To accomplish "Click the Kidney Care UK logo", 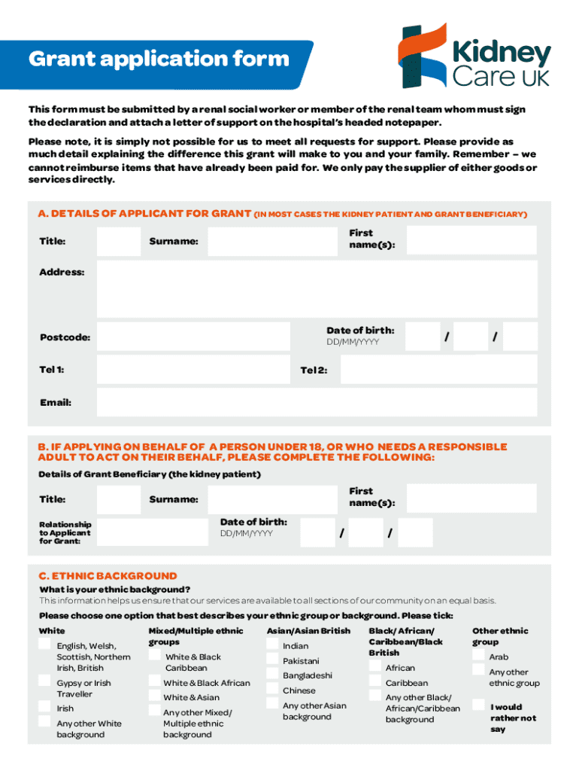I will [x=474, y=56].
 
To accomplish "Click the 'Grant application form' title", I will [x=158, y=59].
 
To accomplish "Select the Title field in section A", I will [x=118, y=241].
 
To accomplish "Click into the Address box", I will [x=317, y=288].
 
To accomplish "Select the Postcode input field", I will [x=193, y=337].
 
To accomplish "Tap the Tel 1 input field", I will [x=193, y=370].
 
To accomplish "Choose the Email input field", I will [x=317, y=402].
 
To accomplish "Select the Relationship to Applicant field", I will [x=153, y=532].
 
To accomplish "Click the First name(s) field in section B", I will [x=470, y=498].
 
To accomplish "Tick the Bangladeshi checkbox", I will [x=271, y=675].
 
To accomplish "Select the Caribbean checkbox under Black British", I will [x=374, y=682].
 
